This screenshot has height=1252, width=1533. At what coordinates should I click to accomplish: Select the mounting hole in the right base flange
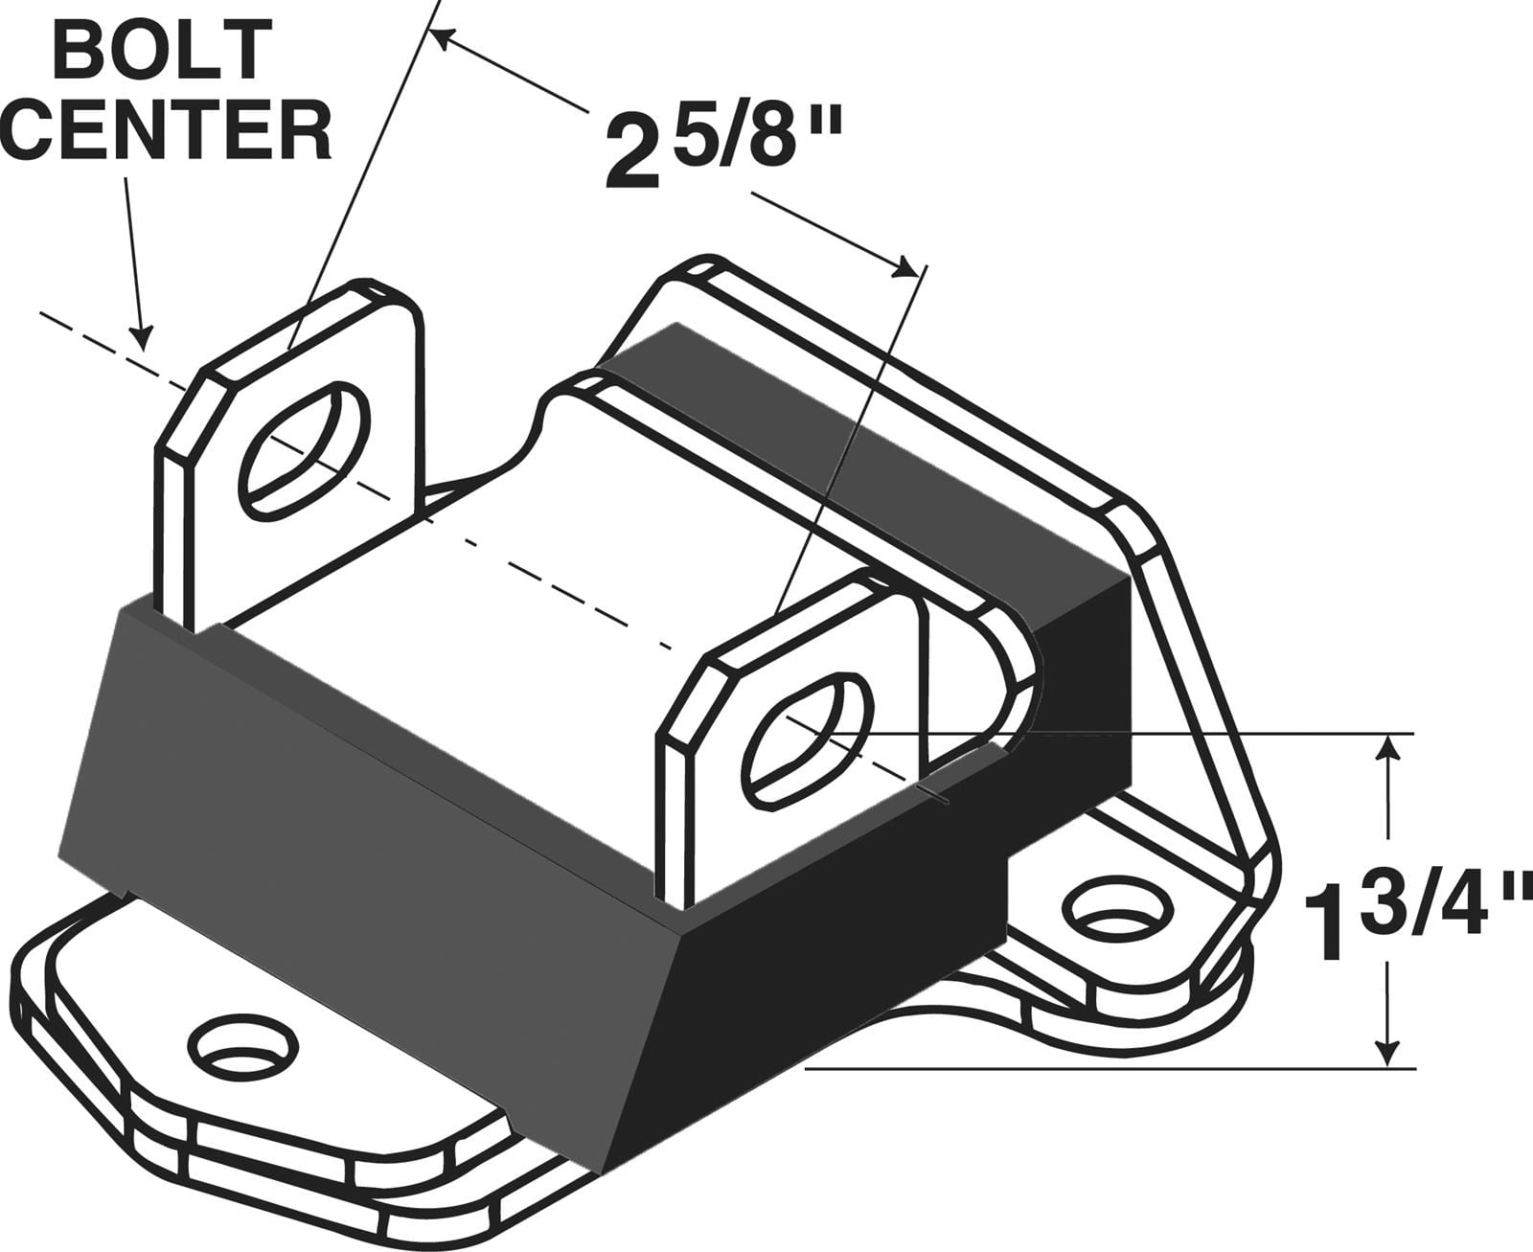pyautogui.click(x=1118, y=911)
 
